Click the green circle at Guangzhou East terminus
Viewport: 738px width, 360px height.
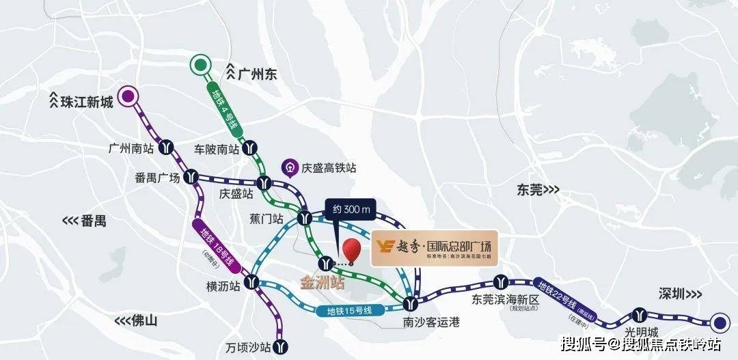[x=200, y=65]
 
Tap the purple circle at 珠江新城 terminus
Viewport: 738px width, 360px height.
[x=127, y=97]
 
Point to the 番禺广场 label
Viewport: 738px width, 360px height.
[x=158, y=178]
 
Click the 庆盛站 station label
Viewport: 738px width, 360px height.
[x=236, y=194]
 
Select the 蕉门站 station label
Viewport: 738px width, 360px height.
[x=266, y=219]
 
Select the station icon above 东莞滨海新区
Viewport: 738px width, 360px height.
[x=502, y=281]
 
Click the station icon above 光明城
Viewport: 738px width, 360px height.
[x=639, y=314]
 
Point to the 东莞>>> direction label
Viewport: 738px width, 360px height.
[x=537, y=191]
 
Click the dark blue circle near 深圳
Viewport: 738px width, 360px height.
[x=719, y=322]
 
